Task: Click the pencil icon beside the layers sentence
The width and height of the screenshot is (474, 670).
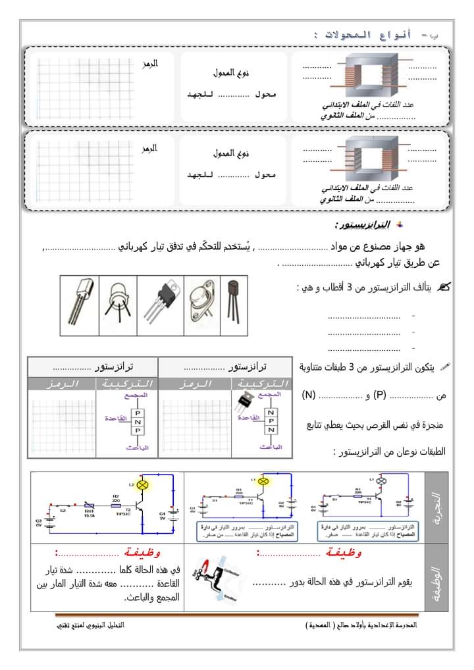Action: [446, 365]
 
